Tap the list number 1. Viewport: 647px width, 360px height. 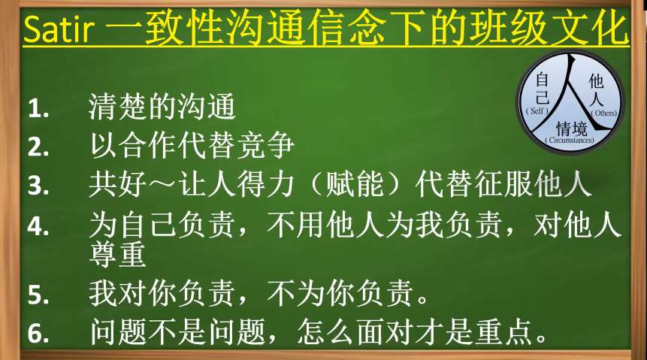tap(38, 110)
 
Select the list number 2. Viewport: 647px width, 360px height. tap(38, 147)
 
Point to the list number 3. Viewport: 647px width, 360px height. tap(38, 186)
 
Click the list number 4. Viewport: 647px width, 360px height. tap(38, 226)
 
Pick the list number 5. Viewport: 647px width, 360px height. tap(38, 295)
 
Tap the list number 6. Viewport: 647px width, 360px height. tap(38, 333)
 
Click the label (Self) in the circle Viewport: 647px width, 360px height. tap(537, 110)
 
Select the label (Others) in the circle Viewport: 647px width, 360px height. tap(604, 113)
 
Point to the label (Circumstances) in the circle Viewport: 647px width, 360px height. tap(570, 140)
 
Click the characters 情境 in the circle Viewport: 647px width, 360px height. tap(572, 129)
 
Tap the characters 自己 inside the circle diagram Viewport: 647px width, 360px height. tap(542, 89)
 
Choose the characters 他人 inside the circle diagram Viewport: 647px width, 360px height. tap(596, 90)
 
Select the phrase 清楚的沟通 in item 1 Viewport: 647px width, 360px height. tap(162, 107)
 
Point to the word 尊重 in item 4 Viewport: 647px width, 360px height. tap(117, 254)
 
